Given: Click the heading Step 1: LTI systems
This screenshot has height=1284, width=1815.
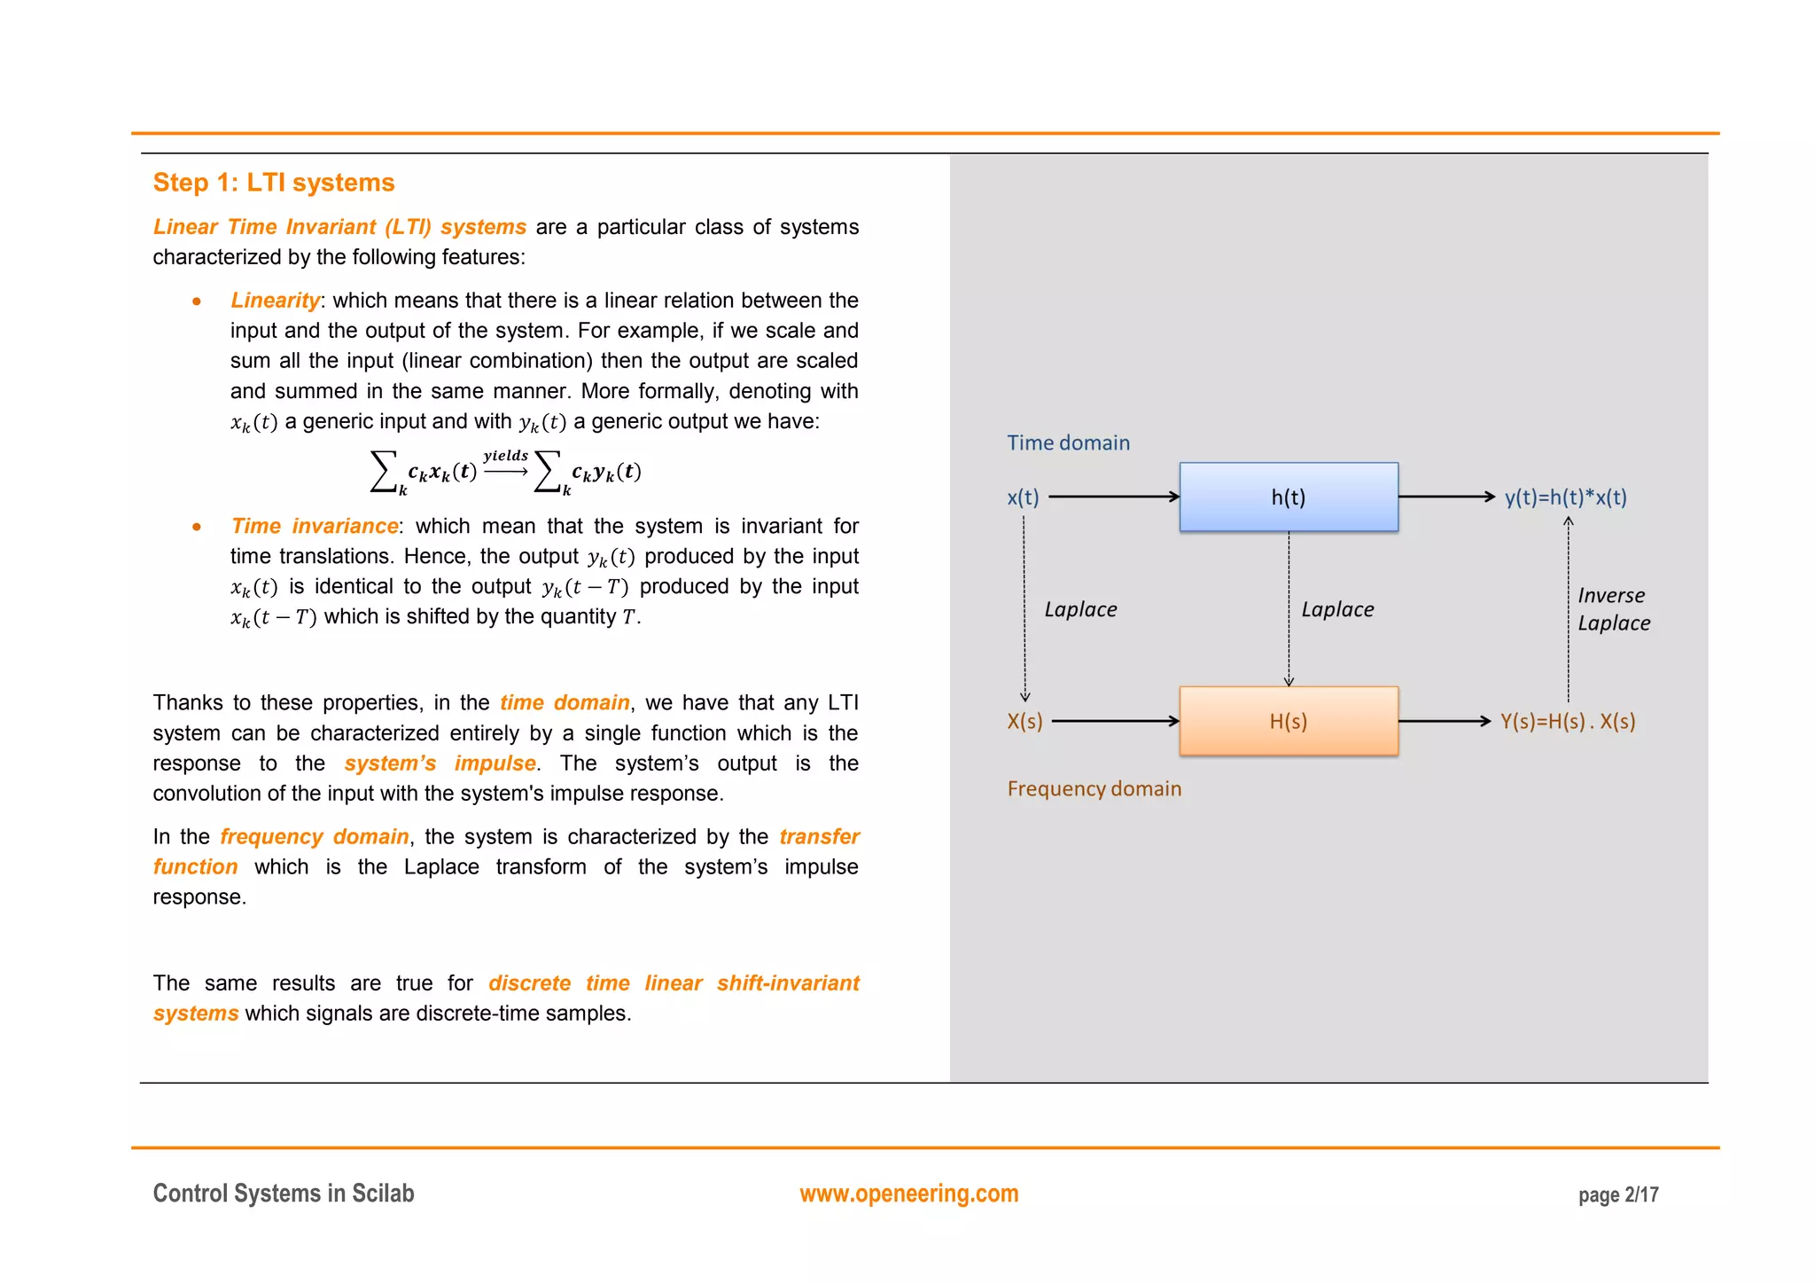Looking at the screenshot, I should [273, 183].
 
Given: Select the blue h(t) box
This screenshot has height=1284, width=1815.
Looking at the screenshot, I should [1288, 497].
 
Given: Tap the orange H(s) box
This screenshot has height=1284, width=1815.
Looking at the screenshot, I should [1288, 721].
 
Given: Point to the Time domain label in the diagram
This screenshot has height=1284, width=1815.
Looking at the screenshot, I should [1068, 442].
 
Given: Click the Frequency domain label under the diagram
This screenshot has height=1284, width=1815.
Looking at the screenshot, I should [1094, 788].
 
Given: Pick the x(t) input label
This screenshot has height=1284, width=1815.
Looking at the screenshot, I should [1023, 497].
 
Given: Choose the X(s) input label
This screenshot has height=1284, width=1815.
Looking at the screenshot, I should [1024, 721].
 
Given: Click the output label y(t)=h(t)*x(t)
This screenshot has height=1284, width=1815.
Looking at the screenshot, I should [1565, 497].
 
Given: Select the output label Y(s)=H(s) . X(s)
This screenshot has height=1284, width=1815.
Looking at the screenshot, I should [1567, 721].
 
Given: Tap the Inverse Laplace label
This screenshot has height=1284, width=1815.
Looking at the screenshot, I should [1613, 609].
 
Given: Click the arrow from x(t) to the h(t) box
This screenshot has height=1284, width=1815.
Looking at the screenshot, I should [1113, 497].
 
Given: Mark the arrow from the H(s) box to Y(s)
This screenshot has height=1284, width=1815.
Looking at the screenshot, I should [1445, 721].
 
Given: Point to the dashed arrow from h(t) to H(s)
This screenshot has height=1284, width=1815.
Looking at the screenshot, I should [1289, 608].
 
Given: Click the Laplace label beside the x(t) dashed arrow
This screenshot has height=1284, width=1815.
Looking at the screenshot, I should [1080, 609].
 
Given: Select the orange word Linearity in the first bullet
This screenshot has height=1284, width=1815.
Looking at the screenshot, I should [275, 301].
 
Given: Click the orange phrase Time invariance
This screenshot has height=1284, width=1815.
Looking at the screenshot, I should [315, 526].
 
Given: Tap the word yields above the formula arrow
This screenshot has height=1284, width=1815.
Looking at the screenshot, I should [505, 455].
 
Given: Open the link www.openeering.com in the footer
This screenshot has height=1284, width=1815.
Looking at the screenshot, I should [908, 1194].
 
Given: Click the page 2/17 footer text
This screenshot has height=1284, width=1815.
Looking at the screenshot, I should [1617, 1195].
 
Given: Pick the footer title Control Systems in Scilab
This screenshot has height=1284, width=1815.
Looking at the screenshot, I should [284, 1194].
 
